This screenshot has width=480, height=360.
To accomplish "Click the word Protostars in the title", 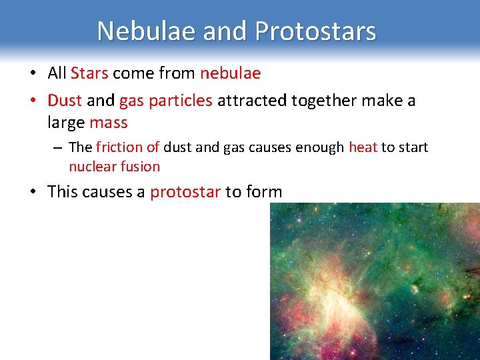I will coord(315,31).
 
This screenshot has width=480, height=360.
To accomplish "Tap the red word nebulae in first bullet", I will coord(231,73).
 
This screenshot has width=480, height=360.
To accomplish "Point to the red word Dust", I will coord(65,101).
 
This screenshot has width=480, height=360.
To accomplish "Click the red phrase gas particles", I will coord(166,101).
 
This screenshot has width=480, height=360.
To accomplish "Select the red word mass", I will coord(108,123).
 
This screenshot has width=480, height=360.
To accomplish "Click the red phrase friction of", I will coord(127,147).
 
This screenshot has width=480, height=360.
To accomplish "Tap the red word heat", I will coord(363,147).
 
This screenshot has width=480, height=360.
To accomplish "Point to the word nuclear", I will coord(91,167).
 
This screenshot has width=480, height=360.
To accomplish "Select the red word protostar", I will coord(185,192).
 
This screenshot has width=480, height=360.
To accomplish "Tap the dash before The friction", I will coord(59,147).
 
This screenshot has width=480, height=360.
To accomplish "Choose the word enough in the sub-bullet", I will coord(320,147).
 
